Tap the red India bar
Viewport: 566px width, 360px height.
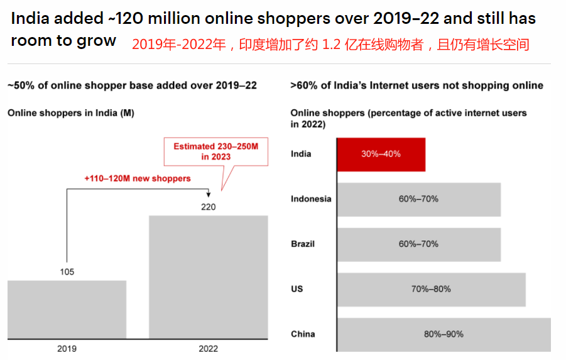point(381,154)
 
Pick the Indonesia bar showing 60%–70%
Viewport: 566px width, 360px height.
point(419,199)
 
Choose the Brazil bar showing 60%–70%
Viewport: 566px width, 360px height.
point(419,244)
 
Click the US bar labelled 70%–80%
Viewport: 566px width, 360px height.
point(432,289)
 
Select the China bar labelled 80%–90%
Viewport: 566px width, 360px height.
point(444,334)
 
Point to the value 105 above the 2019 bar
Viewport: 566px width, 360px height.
point(67,272)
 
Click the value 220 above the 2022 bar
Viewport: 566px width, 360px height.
point(209,207)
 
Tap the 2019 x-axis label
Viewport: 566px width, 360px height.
point(67,347)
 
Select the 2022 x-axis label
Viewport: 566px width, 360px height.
point(209,347)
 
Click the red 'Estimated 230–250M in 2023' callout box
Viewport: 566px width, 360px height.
point(215,151)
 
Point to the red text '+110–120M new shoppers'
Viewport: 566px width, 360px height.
point(137,178)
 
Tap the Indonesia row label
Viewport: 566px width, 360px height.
point(311,199)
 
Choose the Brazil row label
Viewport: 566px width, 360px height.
point(303,244)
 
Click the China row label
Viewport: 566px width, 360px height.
point(303,334)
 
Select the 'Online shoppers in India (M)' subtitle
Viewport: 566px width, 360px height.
point(70,113)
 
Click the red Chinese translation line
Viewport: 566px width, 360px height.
point(330,45)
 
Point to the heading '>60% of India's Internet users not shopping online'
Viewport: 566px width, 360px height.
point(416,85)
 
